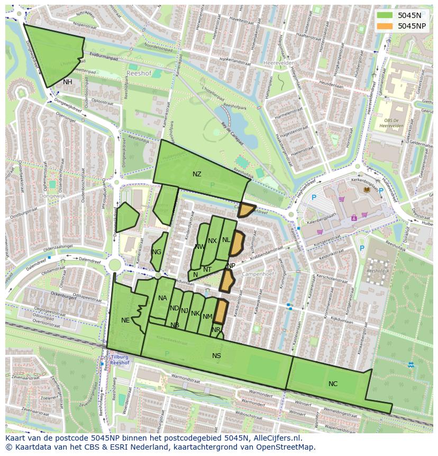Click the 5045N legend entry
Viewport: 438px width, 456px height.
point(409,15)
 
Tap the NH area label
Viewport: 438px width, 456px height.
point(67,82)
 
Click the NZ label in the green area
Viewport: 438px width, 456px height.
point(197,174)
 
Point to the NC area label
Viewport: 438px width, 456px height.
point(333,384)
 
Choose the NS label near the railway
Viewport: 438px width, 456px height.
point(216,356)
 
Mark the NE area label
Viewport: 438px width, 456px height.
point(125,320)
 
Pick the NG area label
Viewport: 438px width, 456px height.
point(157,252)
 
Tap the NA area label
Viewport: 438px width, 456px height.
point(162,298)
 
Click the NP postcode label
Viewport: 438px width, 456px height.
point(231,266)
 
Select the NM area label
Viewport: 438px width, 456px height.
point(207,317)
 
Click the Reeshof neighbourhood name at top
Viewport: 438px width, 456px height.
point(139,73)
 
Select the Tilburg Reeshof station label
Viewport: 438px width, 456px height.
point(120,360)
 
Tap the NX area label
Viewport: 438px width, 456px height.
point(212,241)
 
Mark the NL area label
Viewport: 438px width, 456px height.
point(226,240)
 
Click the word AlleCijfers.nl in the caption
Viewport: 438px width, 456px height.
point(276,438)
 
